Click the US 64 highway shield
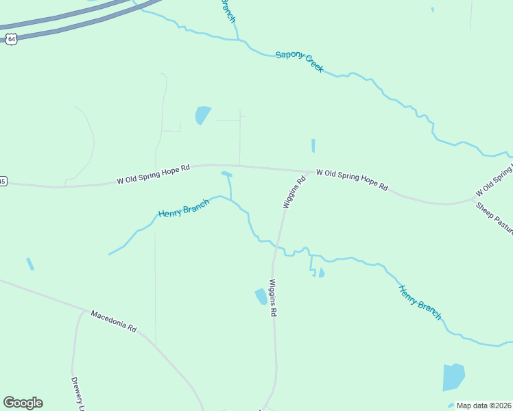[11, 39]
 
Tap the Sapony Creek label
[299, 62]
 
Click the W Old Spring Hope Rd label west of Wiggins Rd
[153, 175]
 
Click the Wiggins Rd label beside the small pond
[272, 297]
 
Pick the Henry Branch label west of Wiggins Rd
[183, 208]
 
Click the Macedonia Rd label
[114, 321]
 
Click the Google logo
[23, 403]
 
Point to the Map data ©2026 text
[484, 406]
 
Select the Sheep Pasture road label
[494, 219]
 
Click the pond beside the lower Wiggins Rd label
[261, 297]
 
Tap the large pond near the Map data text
[453, 377]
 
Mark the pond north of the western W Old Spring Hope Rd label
[202, 114]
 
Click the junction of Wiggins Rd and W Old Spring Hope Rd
[307, 172]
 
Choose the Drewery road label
[77, 393]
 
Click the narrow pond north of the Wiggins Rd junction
[313, 146]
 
